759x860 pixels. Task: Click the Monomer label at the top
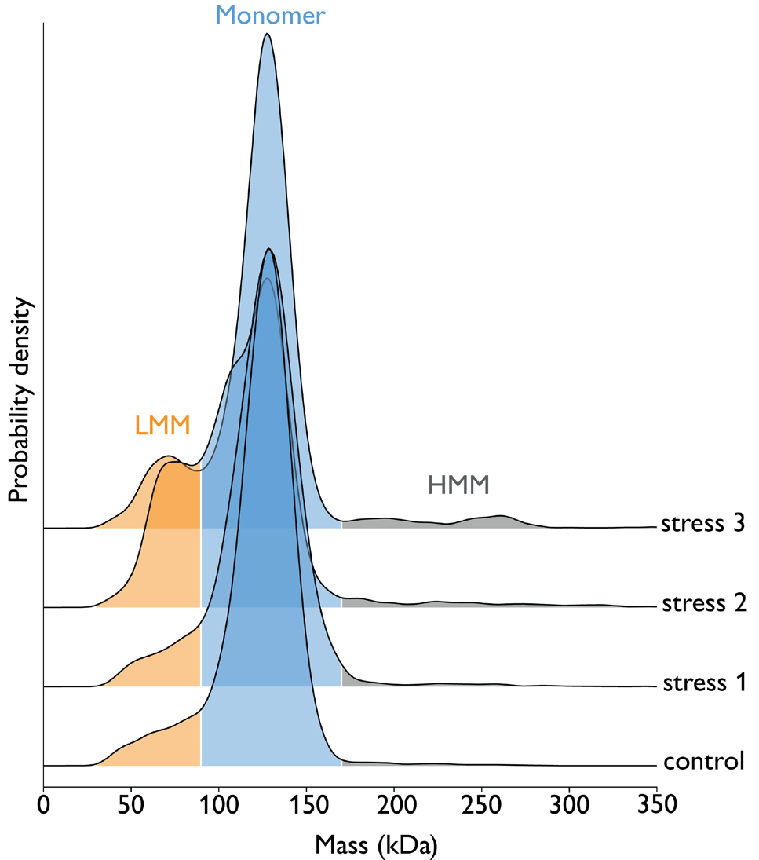[x=270, y=15]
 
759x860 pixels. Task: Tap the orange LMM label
[x=162, y=426]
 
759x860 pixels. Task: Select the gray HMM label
[x=458, y=485]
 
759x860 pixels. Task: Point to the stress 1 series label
[x=701, y=683]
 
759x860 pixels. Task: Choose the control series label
[x=703, y=762]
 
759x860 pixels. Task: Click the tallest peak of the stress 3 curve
[x=268, y=35]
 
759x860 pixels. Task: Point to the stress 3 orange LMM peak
[x=166, y=457]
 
